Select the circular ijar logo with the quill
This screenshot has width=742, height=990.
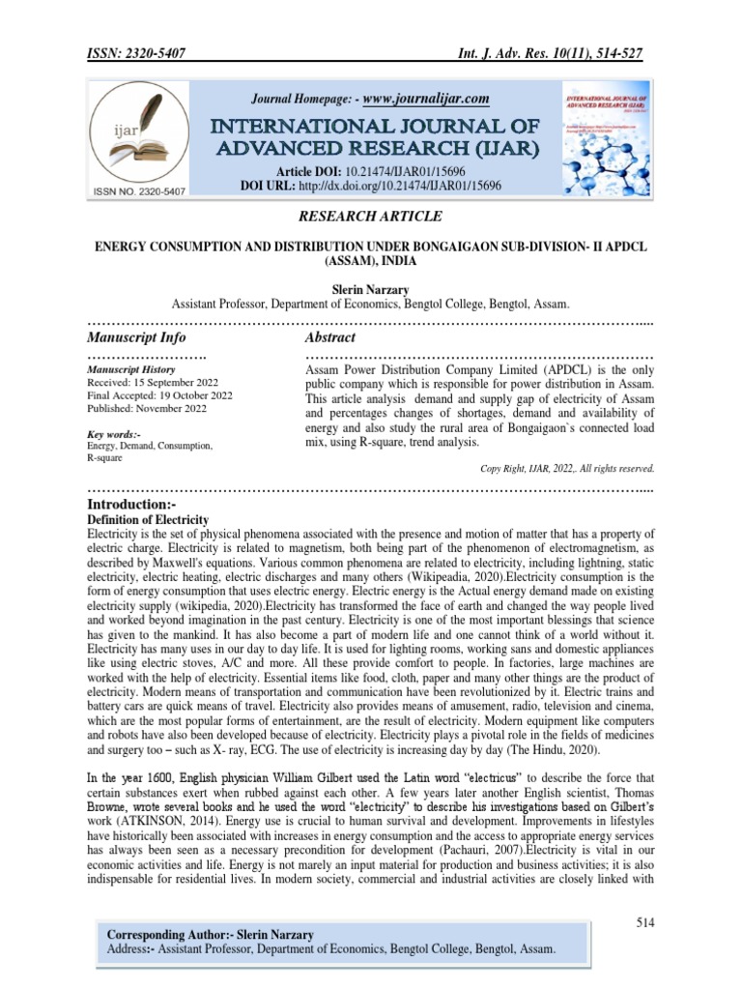click(x=136, y=138)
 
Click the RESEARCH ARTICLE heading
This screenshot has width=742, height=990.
click(x=371, y=216)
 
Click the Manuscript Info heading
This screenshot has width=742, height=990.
click(x=136, y=337)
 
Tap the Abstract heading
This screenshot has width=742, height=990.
click(x=330, y=337)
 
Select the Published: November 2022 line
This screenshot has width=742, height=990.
click(x=147, y=409)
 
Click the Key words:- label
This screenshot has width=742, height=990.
click(x=114, y=434)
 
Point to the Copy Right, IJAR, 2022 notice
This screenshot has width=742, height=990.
click(x=567, y=468)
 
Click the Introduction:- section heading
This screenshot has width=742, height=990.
click(x=137, y=505)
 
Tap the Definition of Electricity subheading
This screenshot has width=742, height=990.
click(x=148, y=520)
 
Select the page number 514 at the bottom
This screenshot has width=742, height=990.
click(x=644, y=923)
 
